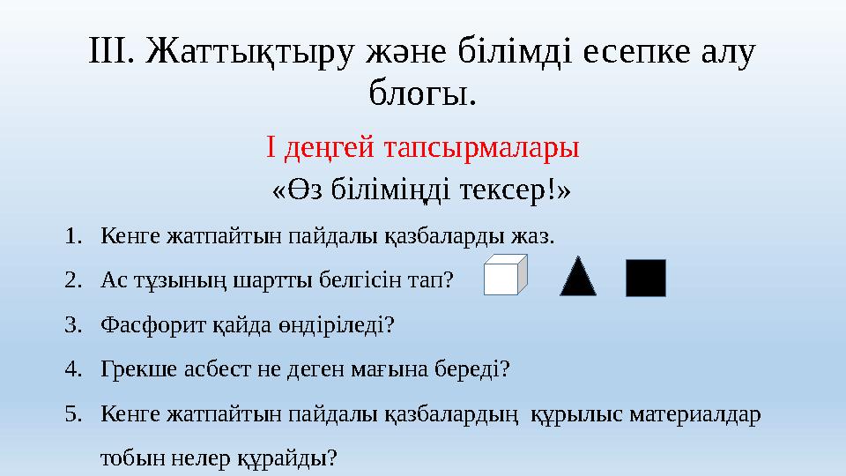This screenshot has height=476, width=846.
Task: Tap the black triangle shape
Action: tap(578, 276)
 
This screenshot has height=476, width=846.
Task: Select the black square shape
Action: tap(646, 277)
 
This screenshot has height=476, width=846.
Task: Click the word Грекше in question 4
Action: tap(133, 369)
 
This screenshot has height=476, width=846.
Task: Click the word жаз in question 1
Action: tap(538, 237)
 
